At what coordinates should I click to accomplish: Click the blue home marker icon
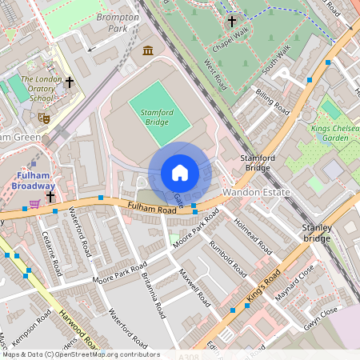(x=180, y=173)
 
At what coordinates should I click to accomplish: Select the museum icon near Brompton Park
(x=148, y=51)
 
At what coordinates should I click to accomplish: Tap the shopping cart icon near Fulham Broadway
(x=35, y=204)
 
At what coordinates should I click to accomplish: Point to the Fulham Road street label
(x=151, y=210)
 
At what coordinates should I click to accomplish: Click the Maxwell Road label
(x=194, y=288)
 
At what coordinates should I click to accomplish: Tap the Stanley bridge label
(x=315, y=233)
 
